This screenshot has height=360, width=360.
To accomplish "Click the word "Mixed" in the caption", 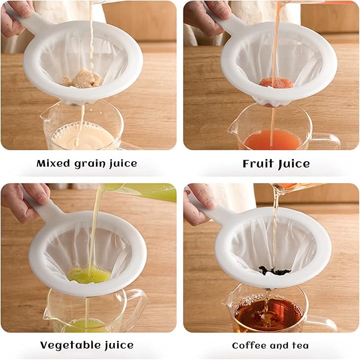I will (x=53, y=163).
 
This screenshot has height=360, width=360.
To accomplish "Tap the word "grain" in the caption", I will (x=91, y=164).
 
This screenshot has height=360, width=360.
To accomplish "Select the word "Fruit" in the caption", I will (x=258, y=163).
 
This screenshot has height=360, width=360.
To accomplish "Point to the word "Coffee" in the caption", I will (x=249, y=346).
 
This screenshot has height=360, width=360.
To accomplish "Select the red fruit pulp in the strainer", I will (x=275, y=83).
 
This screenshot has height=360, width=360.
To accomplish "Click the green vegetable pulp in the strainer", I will (x=89, y=274).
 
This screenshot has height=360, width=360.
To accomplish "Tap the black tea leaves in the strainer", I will (x=274, y=271).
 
